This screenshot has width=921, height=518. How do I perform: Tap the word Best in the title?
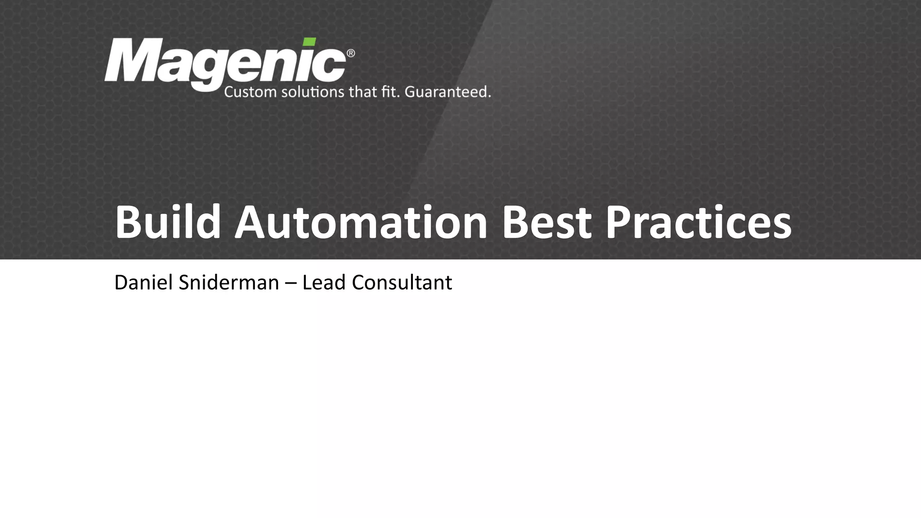click(x=546, y=222)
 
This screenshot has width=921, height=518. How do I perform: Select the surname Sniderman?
click(x=228, y=282)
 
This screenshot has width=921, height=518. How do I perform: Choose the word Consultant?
click(x=402, y=282)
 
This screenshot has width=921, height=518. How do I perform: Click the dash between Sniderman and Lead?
click(x=291, y=283)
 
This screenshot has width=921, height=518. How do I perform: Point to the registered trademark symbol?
click(x=351, y=54)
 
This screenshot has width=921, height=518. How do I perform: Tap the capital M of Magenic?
click(x=130, y=61)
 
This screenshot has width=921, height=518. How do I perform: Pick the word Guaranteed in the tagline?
click(x=447, y=92)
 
